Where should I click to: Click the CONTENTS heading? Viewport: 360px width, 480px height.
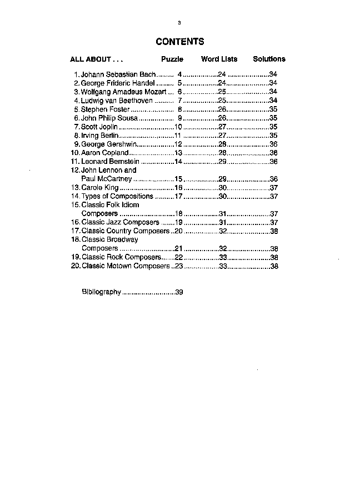click(179, 42)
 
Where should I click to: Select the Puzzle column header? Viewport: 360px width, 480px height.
click(172, 59)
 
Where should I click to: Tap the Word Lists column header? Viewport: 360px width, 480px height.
click(219, 59)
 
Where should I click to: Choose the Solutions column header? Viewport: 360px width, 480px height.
click(269, 59)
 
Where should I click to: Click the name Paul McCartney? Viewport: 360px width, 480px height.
click(107, 179)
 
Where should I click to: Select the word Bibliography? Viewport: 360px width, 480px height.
click(101, 292)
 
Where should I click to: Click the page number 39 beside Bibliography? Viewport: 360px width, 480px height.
click(179, 292)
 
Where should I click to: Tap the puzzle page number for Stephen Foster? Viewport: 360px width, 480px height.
click(179, 109)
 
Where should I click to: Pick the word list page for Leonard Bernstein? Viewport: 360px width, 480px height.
click(222, 162)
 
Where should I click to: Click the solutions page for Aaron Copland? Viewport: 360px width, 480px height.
click(273, 153)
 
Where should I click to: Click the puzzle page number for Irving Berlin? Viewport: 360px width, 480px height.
click(178, 136)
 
